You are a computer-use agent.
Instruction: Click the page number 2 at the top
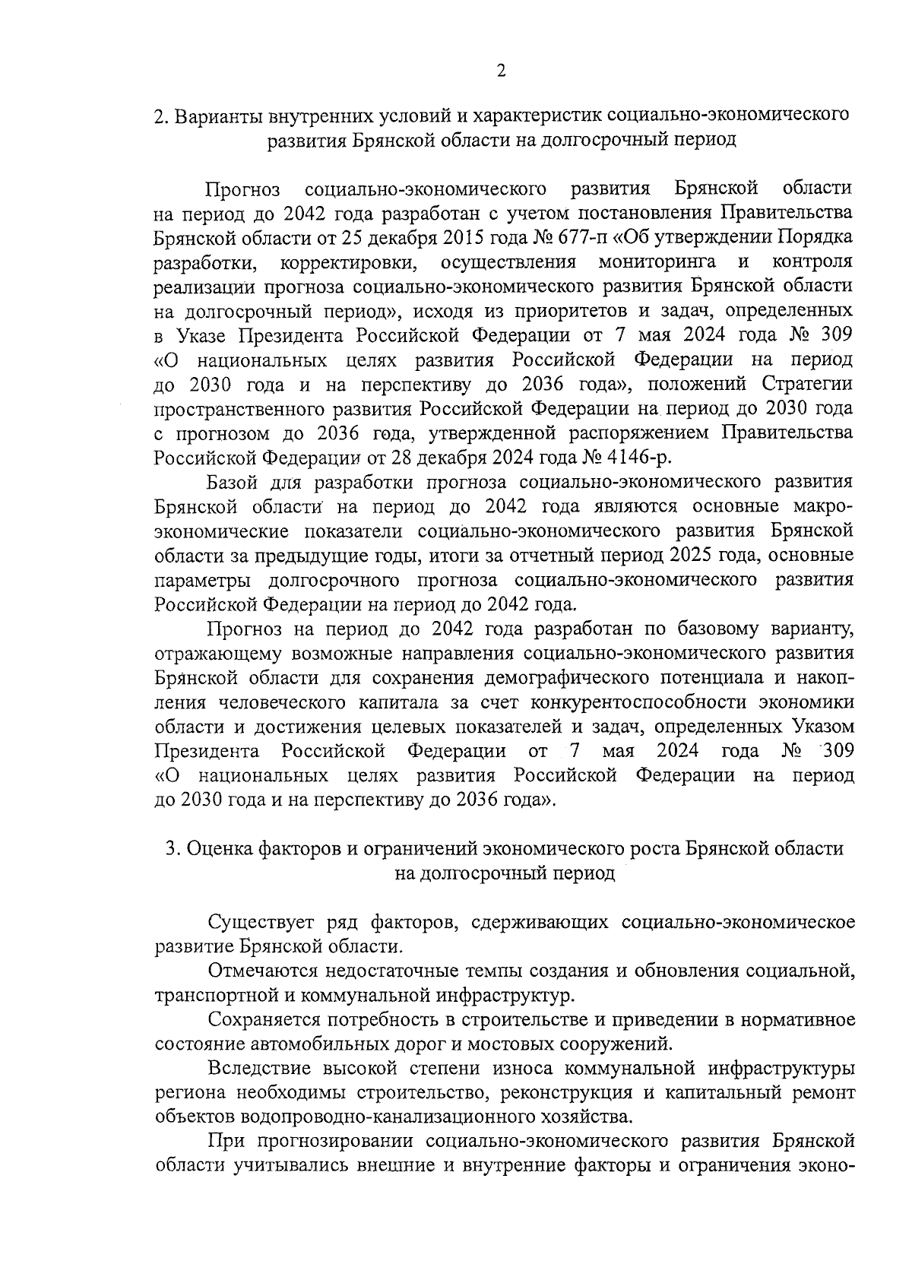[x=500, y=71]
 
